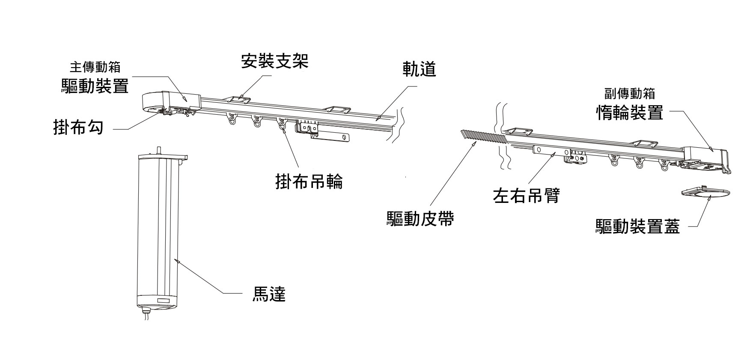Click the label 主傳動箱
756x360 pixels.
[x=95, y=68]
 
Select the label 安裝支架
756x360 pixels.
[x=274, y=61]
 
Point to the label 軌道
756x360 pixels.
[x=419, y=69]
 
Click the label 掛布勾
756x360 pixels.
[x=78, y=127]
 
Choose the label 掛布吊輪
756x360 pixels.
[x=309, y=181]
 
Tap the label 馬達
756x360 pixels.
[x=268, y=294]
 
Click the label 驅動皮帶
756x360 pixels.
[x=420, y=219]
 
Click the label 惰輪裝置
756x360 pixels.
[x=629, y=113]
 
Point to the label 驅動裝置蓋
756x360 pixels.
[x=637, y=226]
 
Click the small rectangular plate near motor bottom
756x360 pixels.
[x=165, y=300]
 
